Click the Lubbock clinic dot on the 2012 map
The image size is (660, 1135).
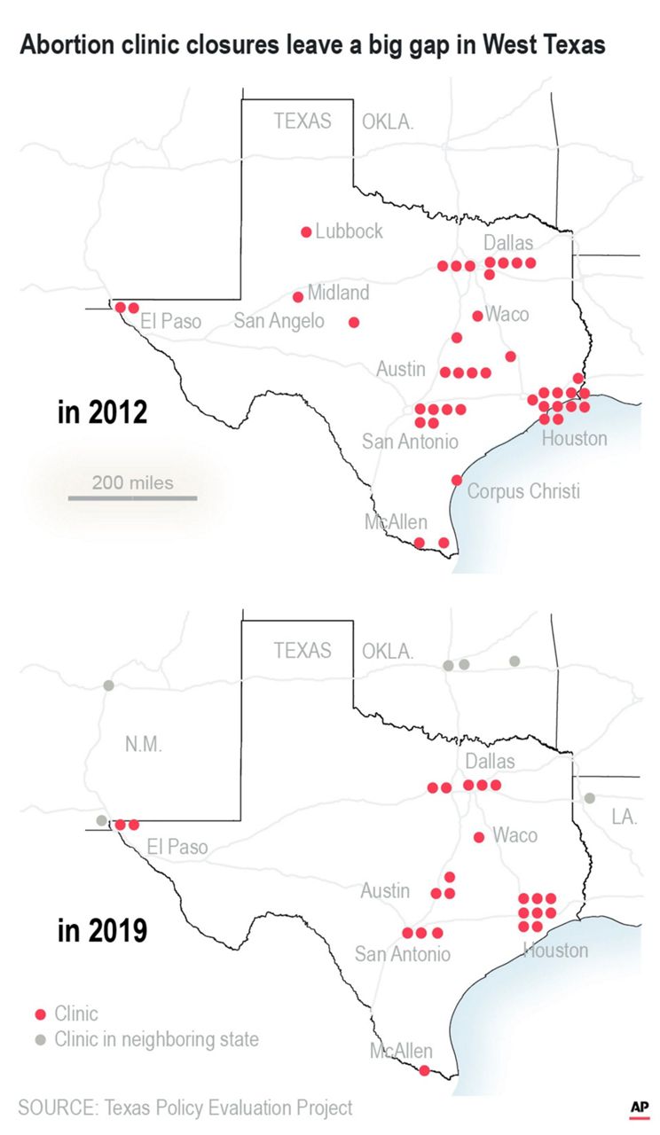(306, 232)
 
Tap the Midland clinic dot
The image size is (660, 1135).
(298, 297)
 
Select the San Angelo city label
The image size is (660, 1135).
(279, 321)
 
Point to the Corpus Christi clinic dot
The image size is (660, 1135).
(457, 480)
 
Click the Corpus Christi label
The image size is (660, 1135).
(522, 491)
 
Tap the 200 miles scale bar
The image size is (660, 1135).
(133, 497)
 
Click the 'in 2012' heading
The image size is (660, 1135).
(102, 413)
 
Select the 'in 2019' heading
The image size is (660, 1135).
(102, 932)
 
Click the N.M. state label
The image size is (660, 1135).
(143, 745)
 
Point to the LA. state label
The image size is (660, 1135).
(624, 817)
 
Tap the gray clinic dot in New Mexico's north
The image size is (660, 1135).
(108, 685)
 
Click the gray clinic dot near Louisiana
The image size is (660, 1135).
(590, 798)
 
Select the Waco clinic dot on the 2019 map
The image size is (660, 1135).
(479, 837)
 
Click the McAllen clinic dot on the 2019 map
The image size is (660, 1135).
(424, 1070)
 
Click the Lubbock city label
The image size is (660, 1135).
(349, 231)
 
